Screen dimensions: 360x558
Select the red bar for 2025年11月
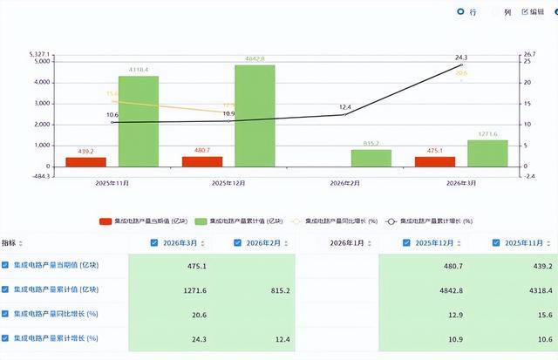[x=85, y=161]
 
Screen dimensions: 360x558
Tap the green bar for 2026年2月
[x=371, y=158]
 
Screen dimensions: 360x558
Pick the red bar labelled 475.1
[x=433, y=161]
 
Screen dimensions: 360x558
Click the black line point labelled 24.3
[x=461, y=65]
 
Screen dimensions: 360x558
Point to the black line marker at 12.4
[x=345, y=114]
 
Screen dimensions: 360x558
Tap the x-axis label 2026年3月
[x=460, y=184]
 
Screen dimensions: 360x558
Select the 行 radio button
[x=461, y=12]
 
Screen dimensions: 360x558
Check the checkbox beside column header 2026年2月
[x=238, y=242]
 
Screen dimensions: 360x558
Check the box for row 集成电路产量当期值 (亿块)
[x=6, y=265]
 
